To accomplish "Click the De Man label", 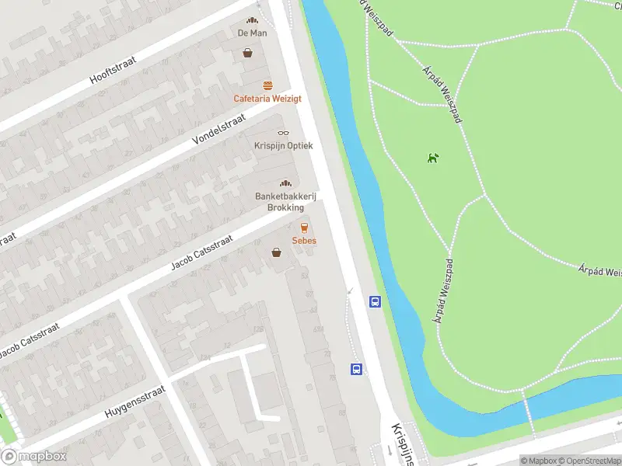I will (253, 33).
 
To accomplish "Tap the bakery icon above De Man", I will (252, 21).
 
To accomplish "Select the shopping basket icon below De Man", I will (248, 54).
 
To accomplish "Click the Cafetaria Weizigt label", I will (267, 99).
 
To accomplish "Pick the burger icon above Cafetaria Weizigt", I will (267, 85).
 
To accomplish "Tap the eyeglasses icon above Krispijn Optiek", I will (282, 133).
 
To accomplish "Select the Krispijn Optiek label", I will (283, 145).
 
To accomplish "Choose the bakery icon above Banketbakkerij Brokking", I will (285, 183).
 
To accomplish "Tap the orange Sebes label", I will (304, 241).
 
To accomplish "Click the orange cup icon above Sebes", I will (304, 228).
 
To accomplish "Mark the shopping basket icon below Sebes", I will (276, 252).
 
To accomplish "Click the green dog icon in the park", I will (432, 158).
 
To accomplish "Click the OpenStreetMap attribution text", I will (588, 461).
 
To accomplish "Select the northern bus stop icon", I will (375, 302).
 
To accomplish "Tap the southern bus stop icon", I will (357, 369).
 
